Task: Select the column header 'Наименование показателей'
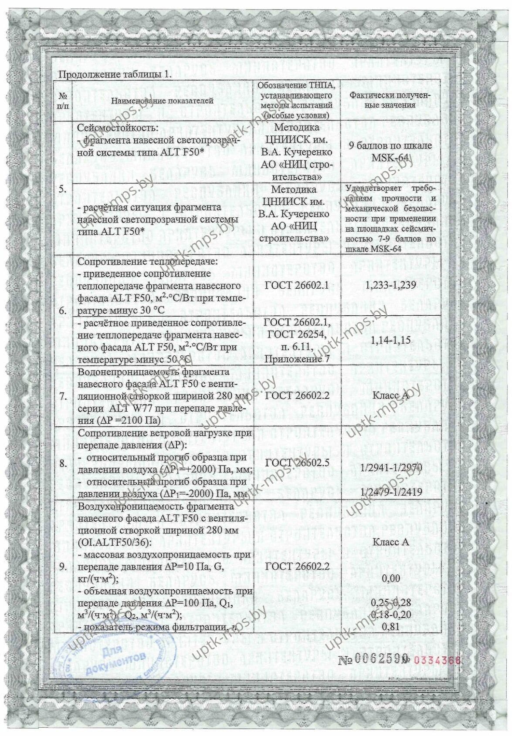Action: (162, 101)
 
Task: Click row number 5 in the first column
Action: (63, 189)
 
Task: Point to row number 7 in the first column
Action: (63, 396)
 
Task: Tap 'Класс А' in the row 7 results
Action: (390, 396)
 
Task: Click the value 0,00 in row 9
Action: (390, 578)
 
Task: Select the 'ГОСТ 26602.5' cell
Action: (297, 463)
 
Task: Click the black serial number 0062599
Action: (374, 659)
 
